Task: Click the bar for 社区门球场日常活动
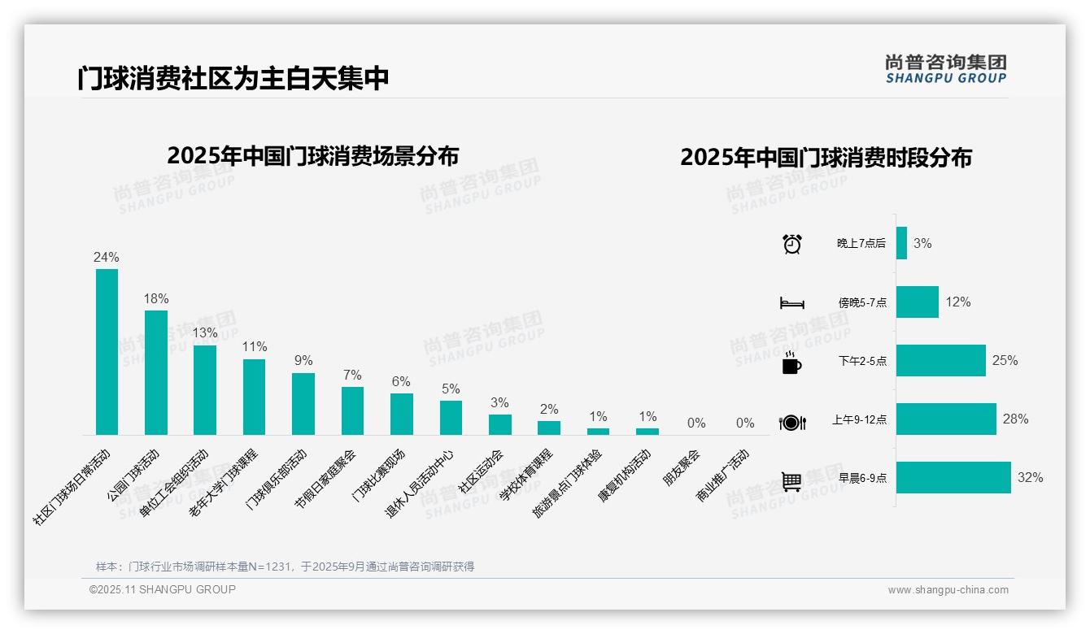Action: [x=107, y=352]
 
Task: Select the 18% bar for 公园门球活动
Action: [x=156, y=372]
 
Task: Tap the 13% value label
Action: [x=205, y=332]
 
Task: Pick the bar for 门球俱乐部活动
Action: [x=303, y=404]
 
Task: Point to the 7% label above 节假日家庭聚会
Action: [x=352, y=375]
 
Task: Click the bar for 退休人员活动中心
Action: [x=451, y=418]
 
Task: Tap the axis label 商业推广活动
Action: [x=723, y=475]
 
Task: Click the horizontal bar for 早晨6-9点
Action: [x=953, y=478]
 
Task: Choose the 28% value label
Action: [x=1015, y=419]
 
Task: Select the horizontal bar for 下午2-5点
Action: [x=941, y=361]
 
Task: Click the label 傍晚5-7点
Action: [x=862, y=302]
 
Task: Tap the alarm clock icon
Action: [x=792, y=244]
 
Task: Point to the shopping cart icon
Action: [x=792, y=481]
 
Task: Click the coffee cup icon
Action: [x=791, y=363]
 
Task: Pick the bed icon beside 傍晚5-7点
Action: [x=792, y=303]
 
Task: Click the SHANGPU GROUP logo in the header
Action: [x=946, y=69]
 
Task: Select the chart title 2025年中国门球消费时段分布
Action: [x=826, y=158]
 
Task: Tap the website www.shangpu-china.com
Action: [x=948, y=590]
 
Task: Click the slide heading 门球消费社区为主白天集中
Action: [x=233, y=78]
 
